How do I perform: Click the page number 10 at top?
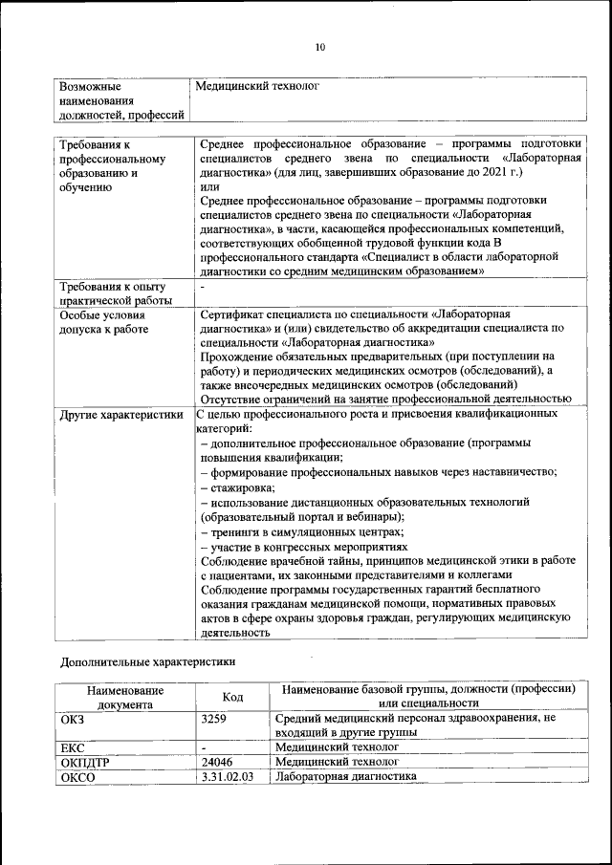coord(320,47)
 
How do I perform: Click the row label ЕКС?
coord(73,747)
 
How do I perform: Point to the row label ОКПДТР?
coord(85,763)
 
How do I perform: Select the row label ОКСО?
coord(77,778)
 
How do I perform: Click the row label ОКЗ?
coord(73,717)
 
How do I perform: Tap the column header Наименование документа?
coord(125,697)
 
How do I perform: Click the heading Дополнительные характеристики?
coord(147,660)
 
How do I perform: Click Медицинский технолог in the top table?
coord(256,86)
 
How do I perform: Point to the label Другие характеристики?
coord(120,416)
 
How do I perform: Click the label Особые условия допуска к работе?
coord(103,321)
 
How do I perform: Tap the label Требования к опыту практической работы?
coord(113,293)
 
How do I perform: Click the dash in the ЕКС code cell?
coord(205,746)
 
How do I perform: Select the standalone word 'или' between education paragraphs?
coord(209,187)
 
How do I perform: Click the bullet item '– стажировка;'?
coord(237,487)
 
